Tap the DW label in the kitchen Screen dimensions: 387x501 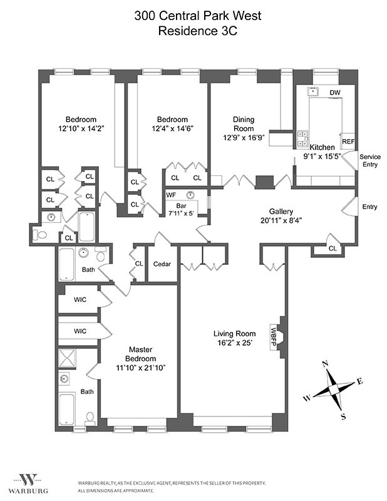335,93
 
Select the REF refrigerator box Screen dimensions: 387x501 348,142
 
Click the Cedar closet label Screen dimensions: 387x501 162,264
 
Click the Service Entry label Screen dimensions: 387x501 370,160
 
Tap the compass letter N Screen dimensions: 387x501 325,364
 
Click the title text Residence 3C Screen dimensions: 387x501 193,31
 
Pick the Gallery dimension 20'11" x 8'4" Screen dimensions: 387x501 281,220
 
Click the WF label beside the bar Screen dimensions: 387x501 170,195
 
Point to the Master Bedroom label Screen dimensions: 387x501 141,353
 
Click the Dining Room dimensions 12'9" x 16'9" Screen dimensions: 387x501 244,138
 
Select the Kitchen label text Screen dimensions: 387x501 322,147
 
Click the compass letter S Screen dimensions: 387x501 343,416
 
